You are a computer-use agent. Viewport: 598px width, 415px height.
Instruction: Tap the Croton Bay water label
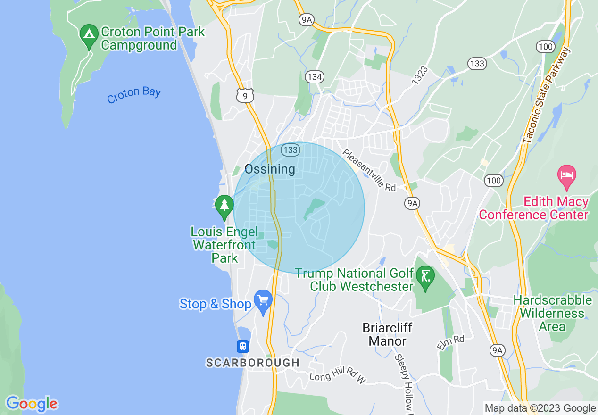(x=134, y=95)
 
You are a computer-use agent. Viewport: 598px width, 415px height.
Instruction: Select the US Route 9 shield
(x=245, y=96)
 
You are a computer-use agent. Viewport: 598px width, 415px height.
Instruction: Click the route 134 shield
(x=313, y=76)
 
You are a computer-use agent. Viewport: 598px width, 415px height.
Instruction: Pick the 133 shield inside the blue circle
(x=290, y=150)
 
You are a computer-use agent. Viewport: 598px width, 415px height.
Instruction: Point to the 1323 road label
(x=419, y=75)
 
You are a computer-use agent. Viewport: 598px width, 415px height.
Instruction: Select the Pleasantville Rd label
(x=369, y=170)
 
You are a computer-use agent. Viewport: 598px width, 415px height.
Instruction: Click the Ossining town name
(x=270, y=169)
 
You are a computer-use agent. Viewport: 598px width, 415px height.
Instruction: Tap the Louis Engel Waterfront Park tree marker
(x=224, y=206)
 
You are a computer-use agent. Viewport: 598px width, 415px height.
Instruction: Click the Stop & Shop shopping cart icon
(x=263, y=300)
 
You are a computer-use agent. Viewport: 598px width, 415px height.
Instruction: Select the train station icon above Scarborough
(x=242, y=347)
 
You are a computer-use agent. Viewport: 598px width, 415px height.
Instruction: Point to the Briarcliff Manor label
(x=387, y=334)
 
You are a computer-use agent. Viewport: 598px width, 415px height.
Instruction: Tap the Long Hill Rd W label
(x=338, y=376)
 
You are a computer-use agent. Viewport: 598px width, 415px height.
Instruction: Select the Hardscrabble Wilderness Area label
(x=552, y=313)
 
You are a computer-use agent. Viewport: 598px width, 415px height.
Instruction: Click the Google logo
(x=32, y=404)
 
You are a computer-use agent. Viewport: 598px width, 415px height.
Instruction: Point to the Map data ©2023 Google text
(x=540, y=408)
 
